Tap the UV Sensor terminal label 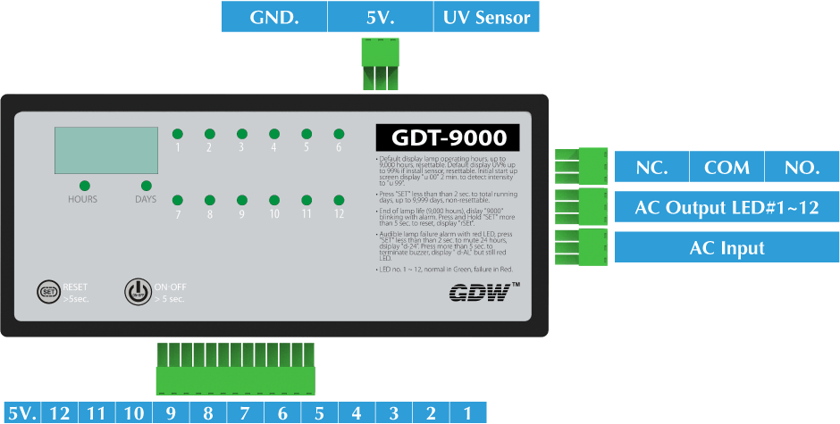click(x=487, y=17)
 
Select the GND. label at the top click(x=274, y=17)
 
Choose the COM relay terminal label click(x=727, y=167)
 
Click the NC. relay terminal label click(x=651, y=167)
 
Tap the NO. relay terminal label click(x=801, y=167)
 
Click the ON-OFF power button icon click(x=136, y=291)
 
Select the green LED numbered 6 click(x=339, y=133)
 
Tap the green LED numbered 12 click(x=339, y=200)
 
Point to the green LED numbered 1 click(x=178, y=133)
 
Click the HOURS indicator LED click(x=82, y=186)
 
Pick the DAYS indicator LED click(x=146, y=186)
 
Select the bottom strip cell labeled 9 click(x=170, y=413)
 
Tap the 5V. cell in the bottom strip click(x=21, y=413)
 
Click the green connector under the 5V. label click(x=380, y=66)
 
